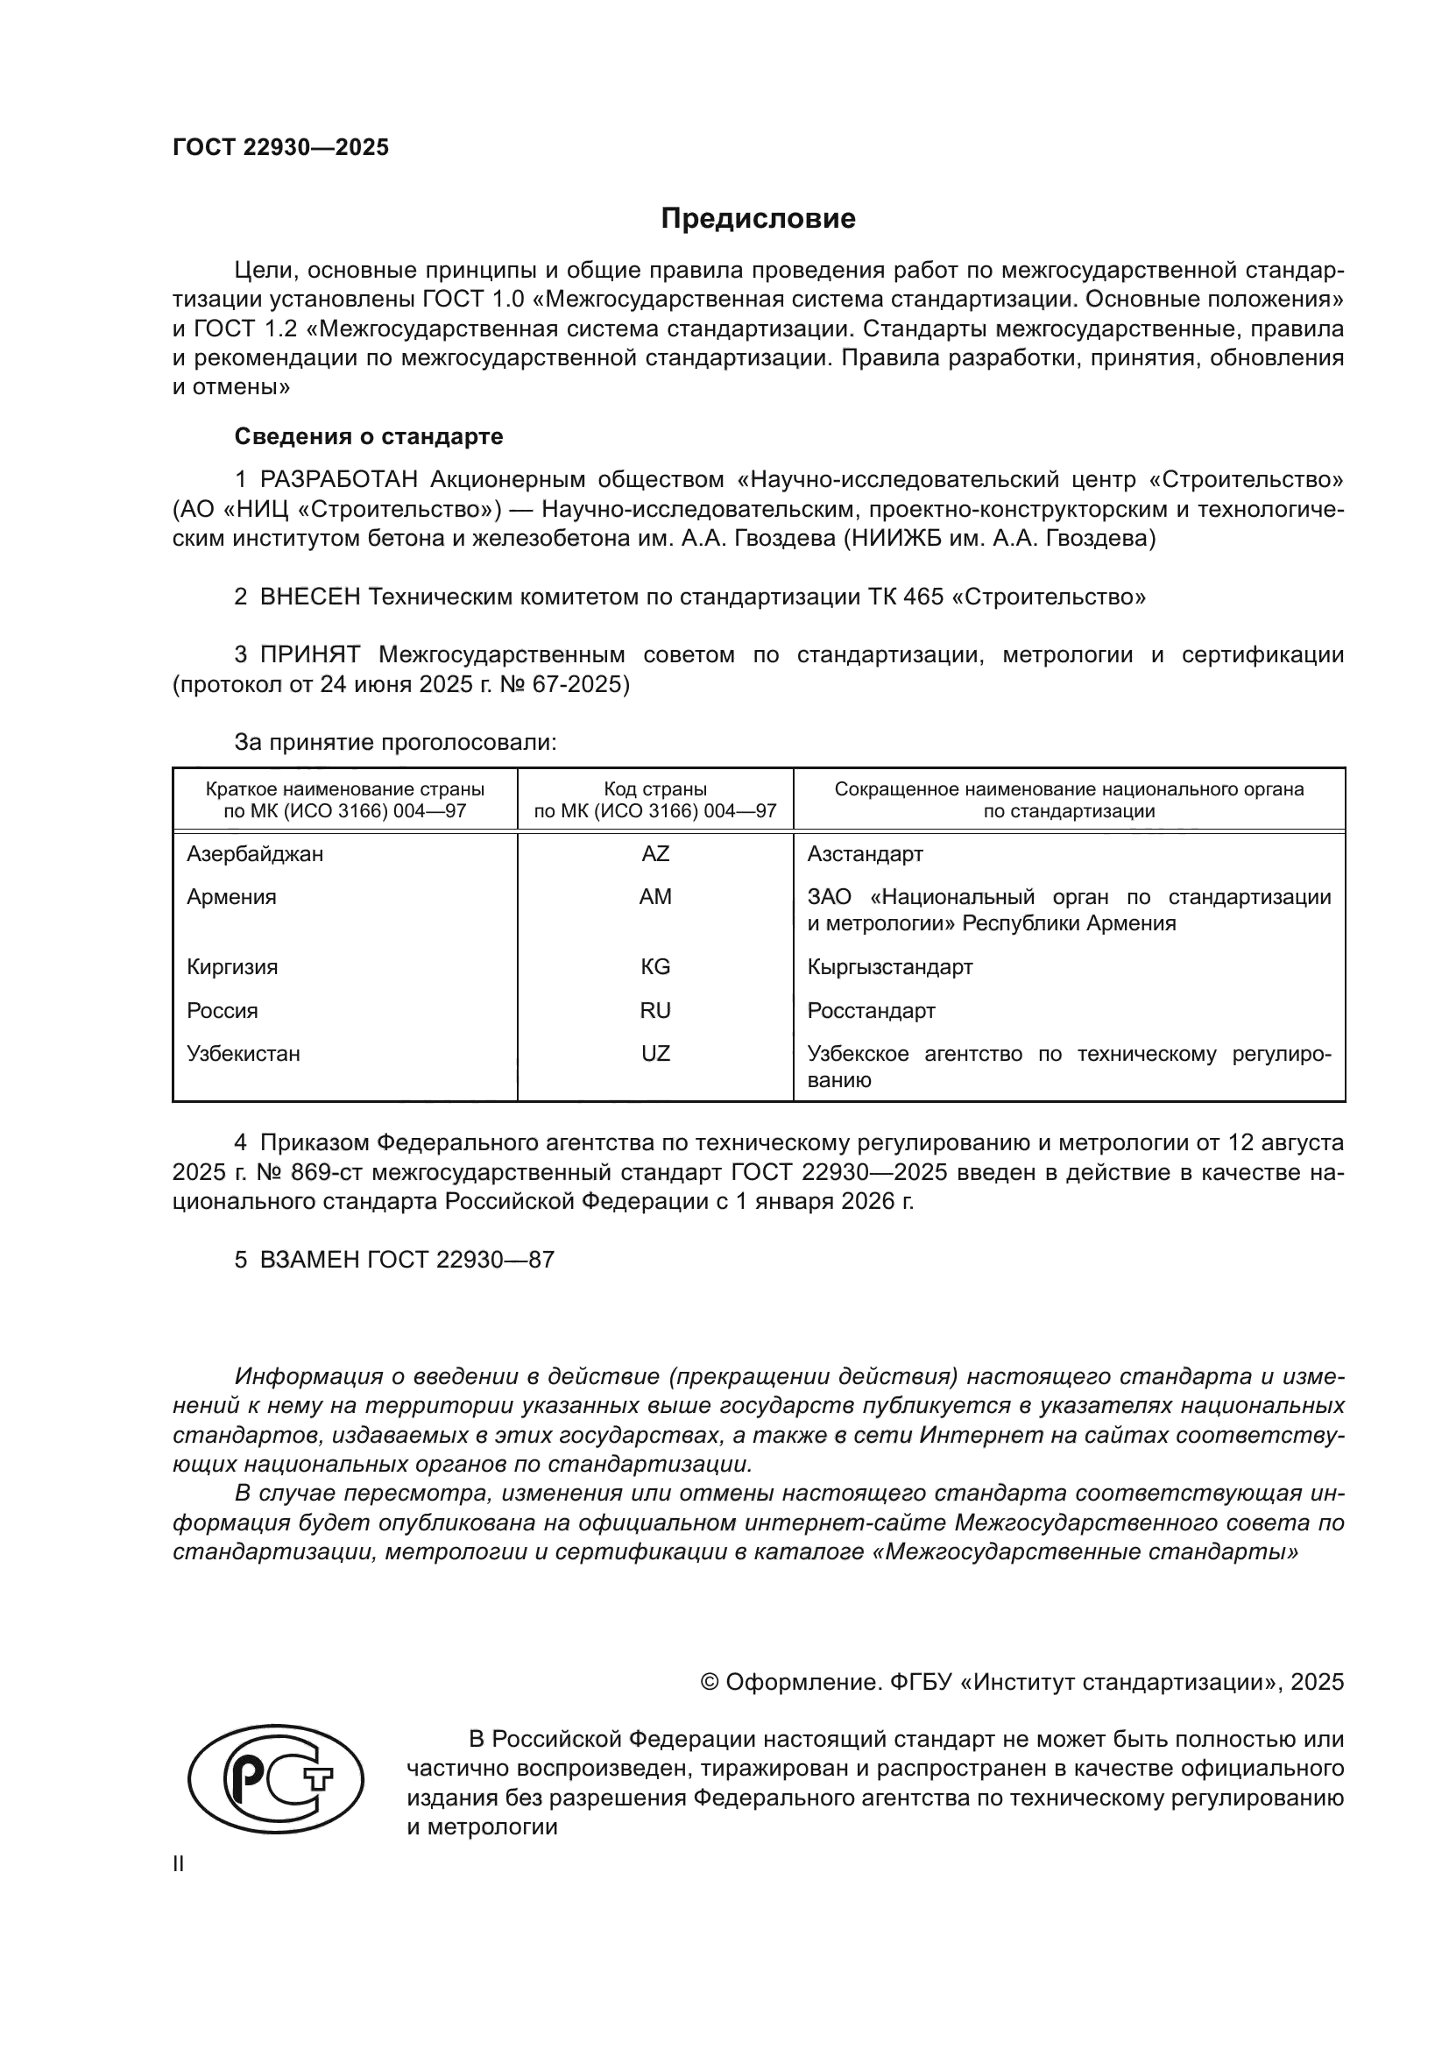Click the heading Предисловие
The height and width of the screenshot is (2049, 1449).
pyautogui.click(x=758, y=219)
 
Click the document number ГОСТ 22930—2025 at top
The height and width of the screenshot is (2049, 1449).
pyautogui.click(x=280, y=147)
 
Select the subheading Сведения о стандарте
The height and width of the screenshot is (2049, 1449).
pyautogui.click(x=368, y=436)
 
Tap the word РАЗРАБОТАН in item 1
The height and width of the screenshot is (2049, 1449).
pyautogui.click(x=338, y=480)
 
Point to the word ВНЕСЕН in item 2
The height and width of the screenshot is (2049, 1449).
pyautogui.click(x=309, y=597)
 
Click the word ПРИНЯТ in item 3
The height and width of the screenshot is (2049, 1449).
pyautogui.click(x=309, y=655)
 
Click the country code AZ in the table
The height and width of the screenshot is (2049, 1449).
pyautogui.click(x=655, y=854)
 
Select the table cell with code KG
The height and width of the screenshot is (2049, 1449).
pyautogui.click(x=655, y=966)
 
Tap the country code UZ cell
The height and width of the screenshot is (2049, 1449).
pyautogui.click(x=655, y=1053)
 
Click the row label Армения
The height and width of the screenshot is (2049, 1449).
pyautogui.click(x=231, y=897)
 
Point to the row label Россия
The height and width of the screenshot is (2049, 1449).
pyautogui.click(x=223, y=1010)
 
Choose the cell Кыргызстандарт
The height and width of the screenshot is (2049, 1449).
pyautogui.click(x=889, y=966)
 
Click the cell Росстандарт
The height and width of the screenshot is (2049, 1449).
pyautogui.click(x=871, y=1010)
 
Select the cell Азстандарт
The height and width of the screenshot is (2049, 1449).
pyautogui.click(x=865, y=854)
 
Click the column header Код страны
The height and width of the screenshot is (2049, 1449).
pyautogui.click(x=655, y=789)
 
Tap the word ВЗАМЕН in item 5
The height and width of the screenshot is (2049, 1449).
pyautogui.click(x=309, y=1260)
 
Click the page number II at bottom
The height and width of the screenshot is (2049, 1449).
pyautogui.click(x=179, y=1863)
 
